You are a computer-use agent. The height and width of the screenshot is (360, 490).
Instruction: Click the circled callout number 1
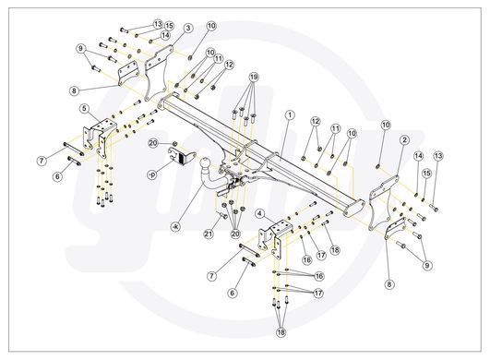pyautogui.click(x=290, y=115)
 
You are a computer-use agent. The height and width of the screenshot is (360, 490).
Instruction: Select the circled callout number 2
pyautogui.click(x=404, y=139)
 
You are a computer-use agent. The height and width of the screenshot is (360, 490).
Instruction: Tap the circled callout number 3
pyautogui.click(x=188, y=28)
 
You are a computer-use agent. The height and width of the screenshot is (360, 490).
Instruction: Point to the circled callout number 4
pyautogui.click(x=260, y=214)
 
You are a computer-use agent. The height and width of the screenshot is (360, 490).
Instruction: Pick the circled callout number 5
pyautogui.click(x=84, y=108)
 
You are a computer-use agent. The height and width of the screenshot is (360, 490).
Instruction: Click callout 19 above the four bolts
pyautogui.click(x=254, y=77)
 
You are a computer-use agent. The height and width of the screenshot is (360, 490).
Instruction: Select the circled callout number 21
pyautogui.click(x=209, y=234)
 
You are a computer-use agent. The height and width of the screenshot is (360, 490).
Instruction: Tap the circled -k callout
pyautogui.click(x=175, y=226)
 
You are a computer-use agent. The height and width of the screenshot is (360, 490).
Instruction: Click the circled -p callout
pyautogui.click(x=152, y=175)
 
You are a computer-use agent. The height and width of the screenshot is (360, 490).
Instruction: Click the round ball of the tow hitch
pyautogui.click(x=204, y=163)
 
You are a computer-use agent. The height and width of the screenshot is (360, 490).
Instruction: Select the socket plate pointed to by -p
pyautogui.click(x=182, y=156)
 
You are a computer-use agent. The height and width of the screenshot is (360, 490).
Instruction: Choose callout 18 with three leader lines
pyautogui.click(x=281, y=332)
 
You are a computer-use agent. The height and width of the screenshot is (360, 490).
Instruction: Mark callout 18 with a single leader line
pyautogui.click(x=335, y=250)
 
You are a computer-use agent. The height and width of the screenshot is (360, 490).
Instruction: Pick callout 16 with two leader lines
pyautogui.click(x=318, y=276)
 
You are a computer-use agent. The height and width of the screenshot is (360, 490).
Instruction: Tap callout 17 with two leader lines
pyautogui.click(x=318, y=294)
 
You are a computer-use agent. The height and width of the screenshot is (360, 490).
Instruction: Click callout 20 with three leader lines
pyautogui.click(x=235, y=234)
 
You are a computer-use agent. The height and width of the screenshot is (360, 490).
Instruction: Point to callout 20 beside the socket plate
pyautogui.click(x=153, y=143)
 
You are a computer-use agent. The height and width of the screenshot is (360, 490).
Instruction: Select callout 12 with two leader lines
pyautogui.click(x=316, y=121)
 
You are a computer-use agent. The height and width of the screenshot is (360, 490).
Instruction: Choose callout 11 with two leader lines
pyautogui.click(x=335, y=128)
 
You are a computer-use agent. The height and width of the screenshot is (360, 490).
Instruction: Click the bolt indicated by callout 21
pyautogui.click(x=222, y=215)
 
